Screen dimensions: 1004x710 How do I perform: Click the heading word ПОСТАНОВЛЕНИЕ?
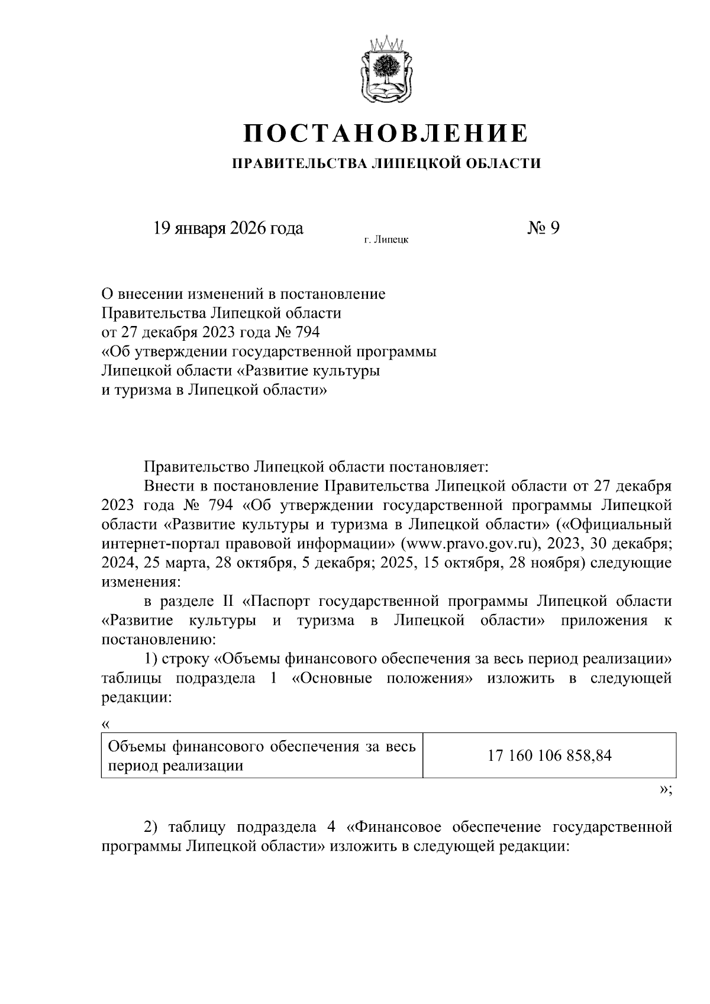(386, 133)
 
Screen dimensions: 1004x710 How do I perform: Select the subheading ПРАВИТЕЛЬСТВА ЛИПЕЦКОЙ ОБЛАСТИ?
(386, 163)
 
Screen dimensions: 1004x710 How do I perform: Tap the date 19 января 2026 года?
(228, 228)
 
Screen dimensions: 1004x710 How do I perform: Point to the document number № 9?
(543, 228)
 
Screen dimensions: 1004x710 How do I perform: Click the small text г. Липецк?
(386, 240)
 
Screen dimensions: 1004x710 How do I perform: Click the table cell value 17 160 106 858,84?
(549, 756)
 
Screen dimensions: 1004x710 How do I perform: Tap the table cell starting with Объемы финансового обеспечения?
(262, 756)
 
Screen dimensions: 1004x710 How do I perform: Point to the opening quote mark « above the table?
(106, 724)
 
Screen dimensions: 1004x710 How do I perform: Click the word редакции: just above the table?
(136, 698)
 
